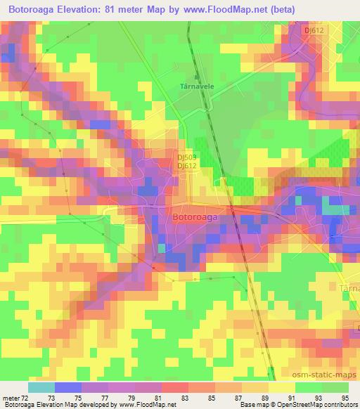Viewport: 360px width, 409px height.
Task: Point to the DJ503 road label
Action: point(186,158)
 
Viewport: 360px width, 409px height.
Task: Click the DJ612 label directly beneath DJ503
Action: point(186,166)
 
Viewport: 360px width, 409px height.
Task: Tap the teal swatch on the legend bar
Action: point(41,387)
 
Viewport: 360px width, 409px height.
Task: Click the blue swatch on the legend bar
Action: point(68,387)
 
